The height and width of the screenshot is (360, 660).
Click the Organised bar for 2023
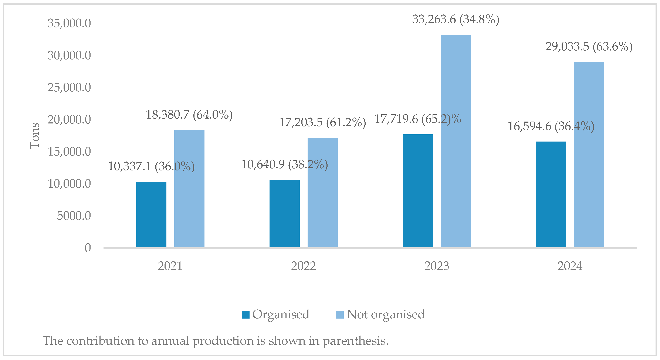[418, 191]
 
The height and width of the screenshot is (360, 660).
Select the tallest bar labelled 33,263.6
[456, 141]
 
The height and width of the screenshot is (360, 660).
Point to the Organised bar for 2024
[551, 194]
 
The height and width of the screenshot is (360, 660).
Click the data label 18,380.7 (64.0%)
[189, 115]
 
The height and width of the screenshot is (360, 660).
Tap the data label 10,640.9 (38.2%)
[284, 164]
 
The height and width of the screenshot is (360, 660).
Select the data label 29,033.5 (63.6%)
[589, 47]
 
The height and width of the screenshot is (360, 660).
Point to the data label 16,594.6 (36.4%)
[551, 126]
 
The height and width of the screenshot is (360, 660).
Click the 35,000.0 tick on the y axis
[69, 23]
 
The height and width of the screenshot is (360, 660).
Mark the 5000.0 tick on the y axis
[74, 216]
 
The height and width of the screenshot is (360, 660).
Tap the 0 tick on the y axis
[88, 248]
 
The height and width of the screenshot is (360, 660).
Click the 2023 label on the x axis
[437, 266]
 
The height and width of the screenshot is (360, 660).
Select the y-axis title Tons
[34, 136]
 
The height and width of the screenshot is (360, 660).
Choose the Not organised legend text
[385, 314]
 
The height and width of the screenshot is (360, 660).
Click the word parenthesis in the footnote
[355, 341]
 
